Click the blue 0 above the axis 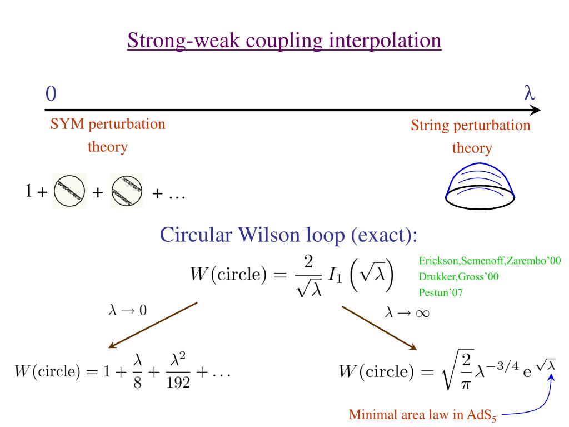[x=51, y=94]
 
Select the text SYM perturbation [x=108, y=123]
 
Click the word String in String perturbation [x=431, y=125]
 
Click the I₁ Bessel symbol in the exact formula [x=342, y=276]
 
